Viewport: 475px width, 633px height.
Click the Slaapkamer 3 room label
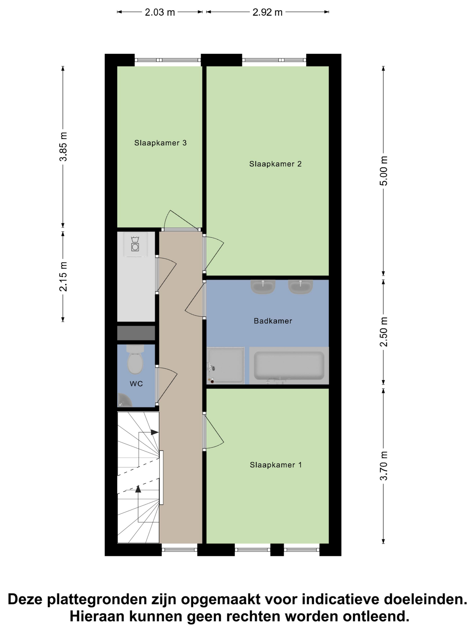160,143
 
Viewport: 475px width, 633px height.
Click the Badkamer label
273,321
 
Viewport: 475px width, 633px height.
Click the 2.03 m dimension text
160,12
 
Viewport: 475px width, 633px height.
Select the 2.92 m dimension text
267,12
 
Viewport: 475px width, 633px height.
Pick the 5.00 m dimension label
383,171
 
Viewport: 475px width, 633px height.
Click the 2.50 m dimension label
383,332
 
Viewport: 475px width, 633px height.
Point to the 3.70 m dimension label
383,465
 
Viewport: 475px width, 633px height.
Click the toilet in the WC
135,359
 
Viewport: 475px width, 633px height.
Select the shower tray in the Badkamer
226,365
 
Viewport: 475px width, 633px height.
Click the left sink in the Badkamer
263,287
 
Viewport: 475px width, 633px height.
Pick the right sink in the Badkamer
300,287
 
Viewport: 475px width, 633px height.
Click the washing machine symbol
135,244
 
